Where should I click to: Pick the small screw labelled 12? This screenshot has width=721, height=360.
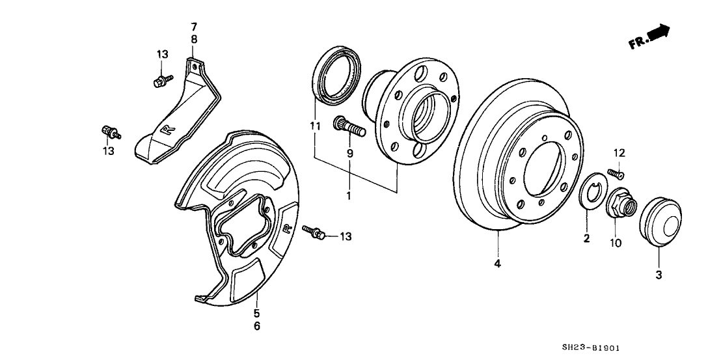point(615,174)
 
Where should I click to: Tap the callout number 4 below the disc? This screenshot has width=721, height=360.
point(498,264)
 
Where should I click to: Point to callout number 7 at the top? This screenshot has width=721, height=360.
point(193,27)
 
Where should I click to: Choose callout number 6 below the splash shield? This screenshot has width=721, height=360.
point(256,325)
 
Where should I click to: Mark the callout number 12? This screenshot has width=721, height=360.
point(619,153)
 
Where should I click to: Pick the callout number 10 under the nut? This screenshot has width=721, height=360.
point(616,243)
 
